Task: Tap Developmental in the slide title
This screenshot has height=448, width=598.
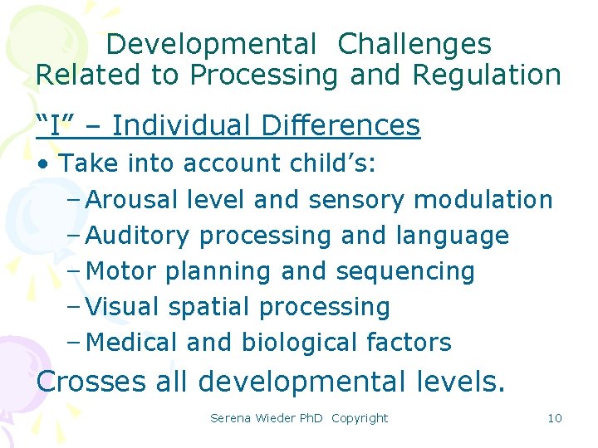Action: pos(212,44)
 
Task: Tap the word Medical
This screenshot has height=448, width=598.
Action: pos(131,342)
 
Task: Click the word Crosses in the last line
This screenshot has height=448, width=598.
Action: pos(91,382)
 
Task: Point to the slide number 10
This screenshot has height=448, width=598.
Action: pos(555,417)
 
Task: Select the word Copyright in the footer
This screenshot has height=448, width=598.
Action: pos(359,417)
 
